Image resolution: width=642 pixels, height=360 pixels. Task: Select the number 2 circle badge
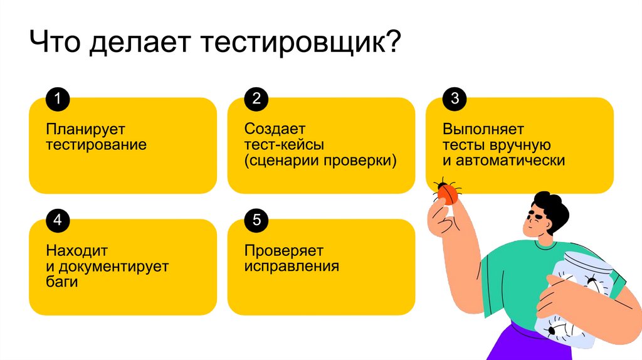(256, 98)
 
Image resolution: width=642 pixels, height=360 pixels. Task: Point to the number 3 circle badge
(455, 98)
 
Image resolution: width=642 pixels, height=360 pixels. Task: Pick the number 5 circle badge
(256, 220)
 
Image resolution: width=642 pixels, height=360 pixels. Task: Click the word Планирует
(85, 130)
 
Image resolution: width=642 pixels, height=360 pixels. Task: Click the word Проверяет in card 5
(284, 251)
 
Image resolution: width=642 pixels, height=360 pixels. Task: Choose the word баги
(61, 282)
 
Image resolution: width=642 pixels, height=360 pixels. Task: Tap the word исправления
(292, 267)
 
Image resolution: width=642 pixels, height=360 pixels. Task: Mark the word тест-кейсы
(284, 146)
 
